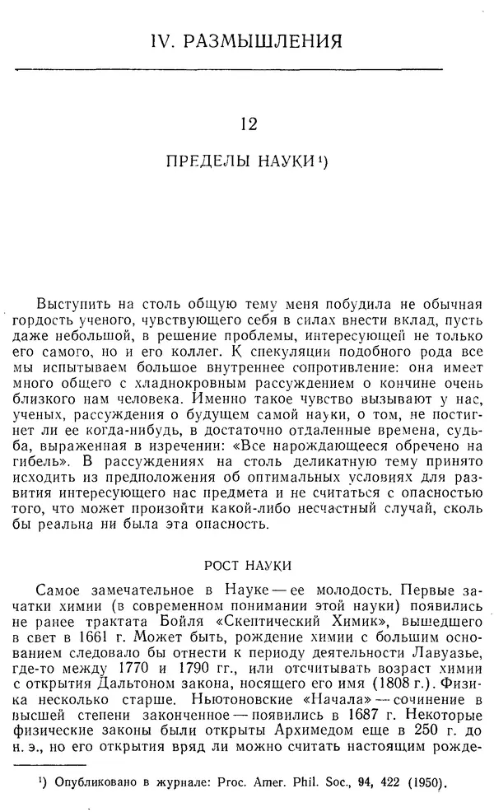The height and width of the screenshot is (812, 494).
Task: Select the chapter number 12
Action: point(247,124)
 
